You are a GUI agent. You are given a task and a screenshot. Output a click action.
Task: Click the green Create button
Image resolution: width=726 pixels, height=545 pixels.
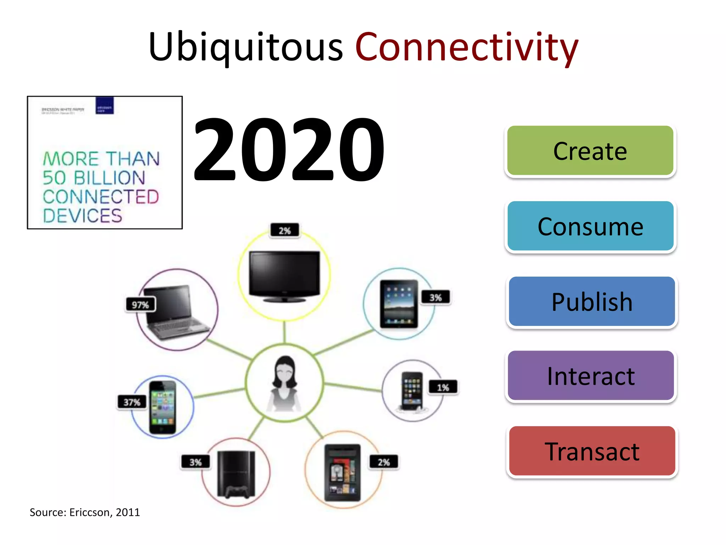pos(590,150)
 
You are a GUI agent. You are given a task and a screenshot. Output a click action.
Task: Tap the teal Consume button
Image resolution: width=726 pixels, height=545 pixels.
pos(590,226)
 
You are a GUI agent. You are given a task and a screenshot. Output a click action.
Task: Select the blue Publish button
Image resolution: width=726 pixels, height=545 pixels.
pos(592,302)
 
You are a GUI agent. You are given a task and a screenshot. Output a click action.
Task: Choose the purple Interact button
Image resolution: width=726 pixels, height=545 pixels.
pos(591,376)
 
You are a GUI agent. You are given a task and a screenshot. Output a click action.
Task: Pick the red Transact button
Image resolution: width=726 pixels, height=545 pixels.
pos(592,451)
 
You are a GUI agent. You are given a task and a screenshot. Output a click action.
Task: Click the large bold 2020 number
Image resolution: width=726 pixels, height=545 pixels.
pos(289,149)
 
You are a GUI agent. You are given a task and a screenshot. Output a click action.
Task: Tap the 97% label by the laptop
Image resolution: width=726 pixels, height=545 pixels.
pos(140,305)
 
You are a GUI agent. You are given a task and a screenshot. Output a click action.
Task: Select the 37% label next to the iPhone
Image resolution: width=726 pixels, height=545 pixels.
pos(132,402)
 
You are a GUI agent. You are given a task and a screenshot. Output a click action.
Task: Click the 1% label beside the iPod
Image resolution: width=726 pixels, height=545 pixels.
pos(443,387)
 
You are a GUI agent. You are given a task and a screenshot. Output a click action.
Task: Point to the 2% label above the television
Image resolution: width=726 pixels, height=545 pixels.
pos(285,231)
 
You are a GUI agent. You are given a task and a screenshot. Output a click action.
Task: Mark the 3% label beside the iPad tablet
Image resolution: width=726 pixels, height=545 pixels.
pos(436,297)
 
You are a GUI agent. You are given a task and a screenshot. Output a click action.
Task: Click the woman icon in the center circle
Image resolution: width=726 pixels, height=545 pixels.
pos(284,383)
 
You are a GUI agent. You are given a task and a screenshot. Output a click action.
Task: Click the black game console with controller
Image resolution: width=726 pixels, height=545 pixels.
pos(236,474)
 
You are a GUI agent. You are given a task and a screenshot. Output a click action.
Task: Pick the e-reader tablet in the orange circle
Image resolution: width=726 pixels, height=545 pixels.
pos(342,472)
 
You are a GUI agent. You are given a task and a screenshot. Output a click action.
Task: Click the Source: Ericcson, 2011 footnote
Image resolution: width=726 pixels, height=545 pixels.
pos(85,512)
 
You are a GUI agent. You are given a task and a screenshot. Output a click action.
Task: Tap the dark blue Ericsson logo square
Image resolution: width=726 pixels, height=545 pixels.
pos(105,106)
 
